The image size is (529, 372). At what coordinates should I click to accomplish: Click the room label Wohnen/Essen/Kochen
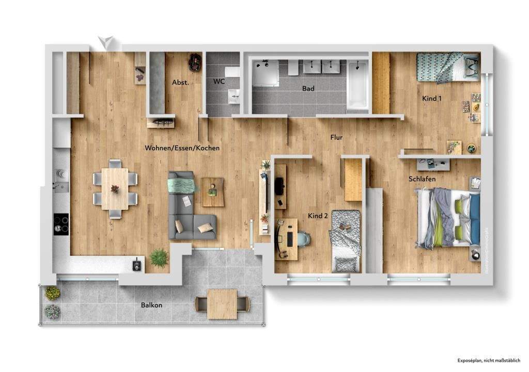coord(182,148)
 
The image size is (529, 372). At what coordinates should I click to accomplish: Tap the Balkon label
coord(151,305)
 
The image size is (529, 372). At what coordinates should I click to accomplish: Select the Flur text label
coord(337,137)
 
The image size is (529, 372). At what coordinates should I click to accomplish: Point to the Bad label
coord(308,89)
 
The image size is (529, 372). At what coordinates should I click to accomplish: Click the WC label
coord(219,82)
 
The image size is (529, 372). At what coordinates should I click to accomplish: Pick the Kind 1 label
coord(432,98)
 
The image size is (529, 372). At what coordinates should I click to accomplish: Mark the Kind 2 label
coord(318,216)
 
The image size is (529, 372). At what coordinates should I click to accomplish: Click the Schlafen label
coord(422,179)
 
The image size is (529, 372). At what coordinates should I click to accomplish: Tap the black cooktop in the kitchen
coord(61,224)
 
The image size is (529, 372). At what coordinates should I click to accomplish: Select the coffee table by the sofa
coord(212,188)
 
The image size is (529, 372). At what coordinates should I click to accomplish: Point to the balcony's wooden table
coord(222,303)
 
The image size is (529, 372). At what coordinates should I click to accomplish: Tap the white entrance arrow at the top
coord(106,42)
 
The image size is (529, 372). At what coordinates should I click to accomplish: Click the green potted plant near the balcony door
coord(159,257)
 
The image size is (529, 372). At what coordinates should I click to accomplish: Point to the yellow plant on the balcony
coord(52,293)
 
